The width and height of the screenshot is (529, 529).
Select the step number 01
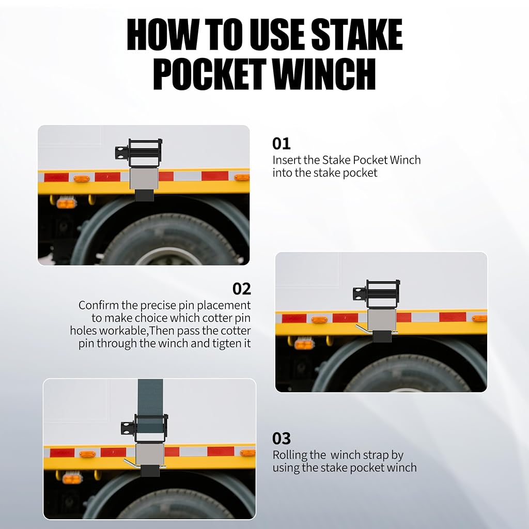[281, 144]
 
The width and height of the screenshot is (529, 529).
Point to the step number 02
[242, 289]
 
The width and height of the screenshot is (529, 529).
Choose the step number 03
[281, 439]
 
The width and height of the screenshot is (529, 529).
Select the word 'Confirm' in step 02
[99, 305]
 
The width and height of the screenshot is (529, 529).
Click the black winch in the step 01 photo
[139, 153]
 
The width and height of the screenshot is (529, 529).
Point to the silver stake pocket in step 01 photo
[144, 179]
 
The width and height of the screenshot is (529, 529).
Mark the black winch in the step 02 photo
[377, 294]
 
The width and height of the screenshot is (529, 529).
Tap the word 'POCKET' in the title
[209, 73]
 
